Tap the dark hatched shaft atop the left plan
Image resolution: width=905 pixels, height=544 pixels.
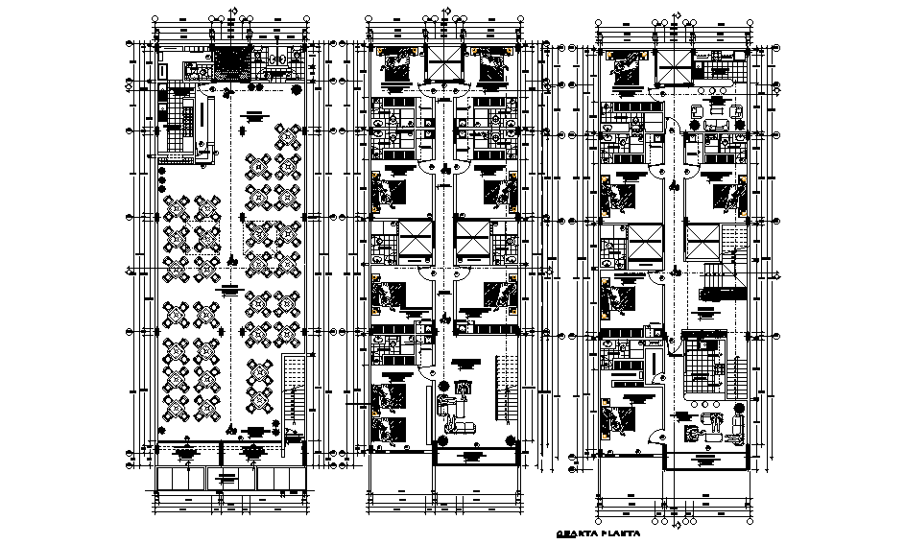230,63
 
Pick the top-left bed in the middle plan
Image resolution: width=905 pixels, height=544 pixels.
394,63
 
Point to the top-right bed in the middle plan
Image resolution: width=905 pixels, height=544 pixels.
491,63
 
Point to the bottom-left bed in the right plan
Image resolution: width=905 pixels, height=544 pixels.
621,419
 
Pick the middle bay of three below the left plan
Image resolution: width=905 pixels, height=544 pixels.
231,478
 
